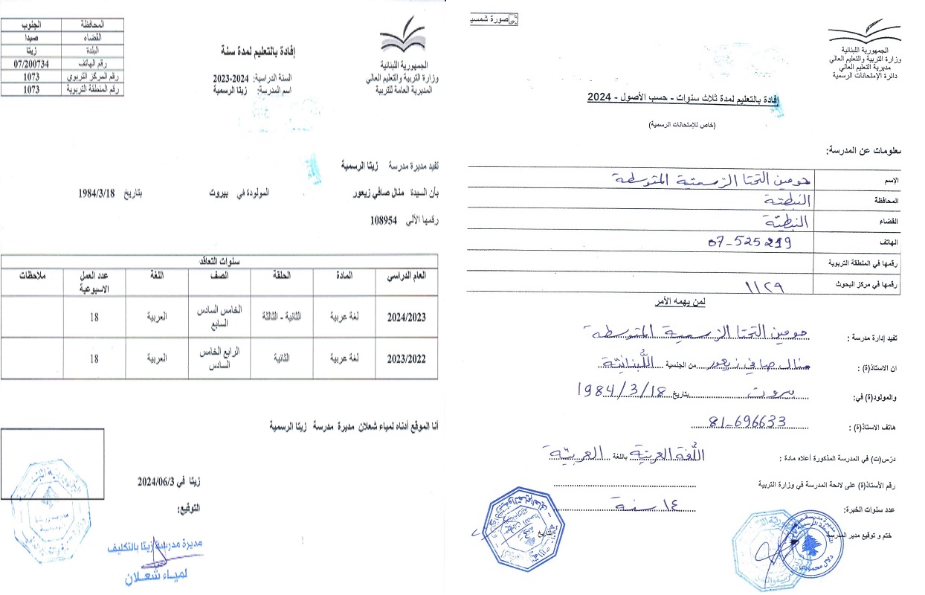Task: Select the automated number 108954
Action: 384,220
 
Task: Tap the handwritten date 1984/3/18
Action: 620,389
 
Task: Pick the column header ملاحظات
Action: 33,276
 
